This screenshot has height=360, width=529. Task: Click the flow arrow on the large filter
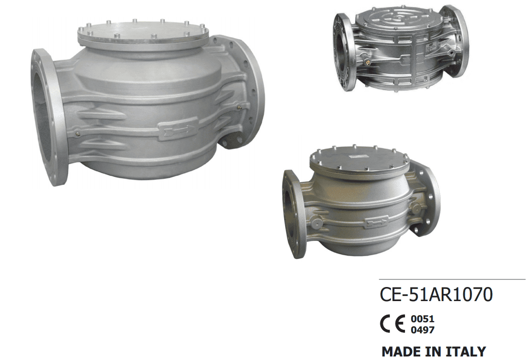[x=178, y=129]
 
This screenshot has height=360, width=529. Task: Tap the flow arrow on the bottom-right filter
[x=376, y=222]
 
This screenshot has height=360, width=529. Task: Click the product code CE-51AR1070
[x=436, y=294]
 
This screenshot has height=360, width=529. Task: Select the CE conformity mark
[x=392, y=324]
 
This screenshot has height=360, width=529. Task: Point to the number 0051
[x=422, y=319]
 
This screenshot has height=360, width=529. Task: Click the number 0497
[x=422, y=330]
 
